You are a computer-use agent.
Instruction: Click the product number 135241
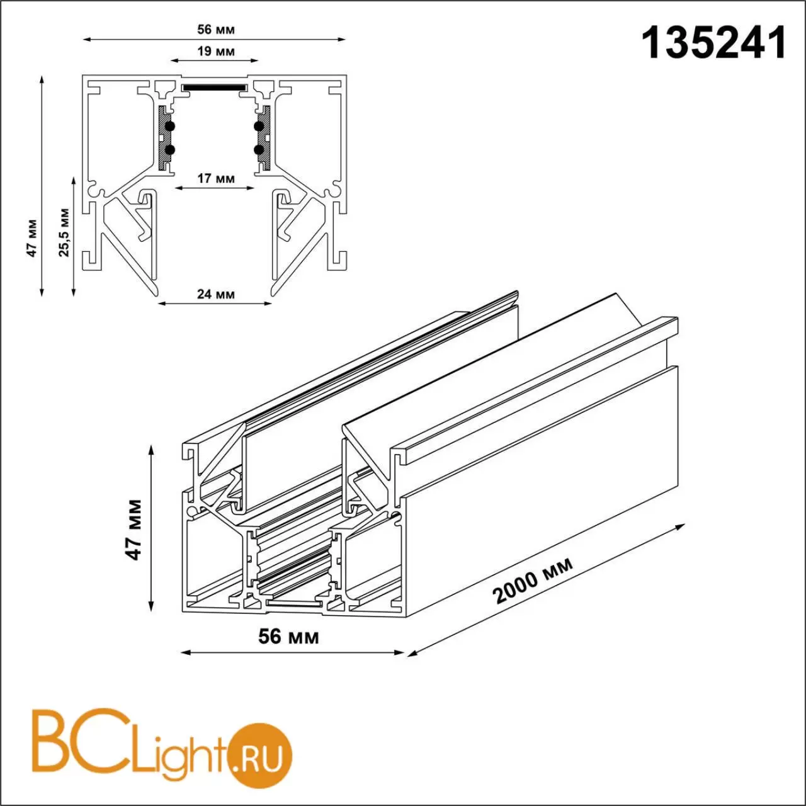click(x=714, y=43)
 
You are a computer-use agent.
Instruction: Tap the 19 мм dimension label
click(x=216, y=52)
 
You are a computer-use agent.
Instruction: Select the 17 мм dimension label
click(x=216, y=179)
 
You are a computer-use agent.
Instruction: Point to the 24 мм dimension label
click(x=216, y=294)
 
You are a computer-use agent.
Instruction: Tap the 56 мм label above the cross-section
click(x=216, y=30)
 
